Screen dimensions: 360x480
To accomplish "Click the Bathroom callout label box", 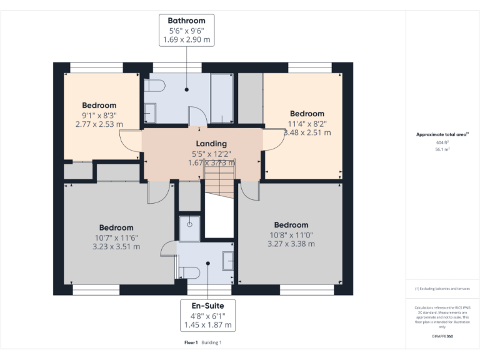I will [186, 30].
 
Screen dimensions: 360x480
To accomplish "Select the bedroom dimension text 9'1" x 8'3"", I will [99, 115].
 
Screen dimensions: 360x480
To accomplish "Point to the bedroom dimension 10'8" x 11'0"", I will [291, 234].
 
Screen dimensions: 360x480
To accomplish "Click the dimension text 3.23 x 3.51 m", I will [116, 246].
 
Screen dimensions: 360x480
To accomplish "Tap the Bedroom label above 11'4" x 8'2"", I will [306, 114].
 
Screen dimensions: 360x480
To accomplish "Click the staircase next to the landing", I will [219, 187].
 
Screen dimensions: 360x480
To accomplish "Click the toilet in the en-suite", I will [189, 272].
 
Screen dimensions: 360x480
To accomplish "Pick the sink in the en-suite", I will [227, 259].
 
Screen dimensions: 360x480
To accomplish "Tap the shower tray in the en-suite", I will [189, 228].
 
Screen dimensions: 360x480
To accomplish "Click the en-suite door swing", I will [169, 249].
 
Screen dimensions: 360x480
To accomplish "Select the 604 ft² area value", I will [442, 142].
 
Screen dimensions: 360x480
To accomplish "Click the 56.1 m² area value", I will [442, 149].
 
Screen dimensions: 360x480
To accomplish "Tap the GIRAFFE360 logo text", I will [442, 336].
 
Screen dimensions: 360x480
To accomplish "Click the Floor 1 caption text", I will [191, 342].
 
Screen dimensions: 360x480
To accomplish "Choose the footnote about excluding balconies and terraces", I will [442, 289].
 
